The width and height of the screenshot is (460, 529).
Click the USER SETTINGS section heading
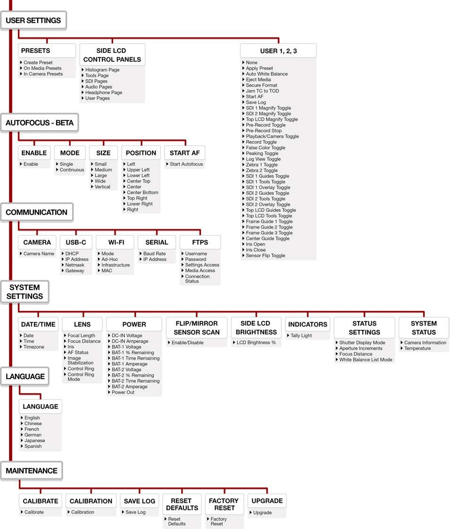[x=33, y=21]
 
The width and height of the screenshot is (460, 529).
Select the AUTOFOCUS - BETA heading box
[x=40, y=123]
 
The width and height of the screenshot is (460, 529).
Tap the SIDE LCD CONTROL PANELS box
[x=112, y=55]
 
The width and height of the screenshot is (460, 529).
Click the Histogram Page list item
[x=102, y=70]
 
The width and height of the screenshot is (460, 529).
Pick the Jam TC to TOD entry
[x=262, y=91]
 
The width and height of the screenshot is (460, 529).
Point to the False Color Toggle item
[x=265, y=148]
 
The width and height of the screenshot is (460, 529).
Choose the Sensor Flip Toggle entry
[x=265, y=256]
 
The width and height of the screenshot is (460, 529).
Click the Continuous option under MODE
[x=72, y=170]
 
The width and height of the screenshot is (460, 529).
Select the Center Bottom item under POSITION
[x=142, y=193]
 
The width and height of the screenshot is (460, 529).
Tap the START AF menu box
[x=184, y=153]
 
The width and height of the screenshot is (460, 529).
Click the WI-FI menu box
[x=115, y=242]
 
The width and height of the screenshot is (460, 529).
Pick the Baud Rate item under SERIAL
[x=154, y=254]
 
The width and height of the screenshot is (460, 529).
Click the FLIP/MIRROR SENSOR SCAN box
[x=196, y=327]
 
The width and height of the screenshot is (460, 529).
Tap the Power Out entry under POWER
[x=123, y=393]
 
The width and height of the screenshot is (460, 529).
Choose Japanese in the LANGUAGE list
[x=34, y=441]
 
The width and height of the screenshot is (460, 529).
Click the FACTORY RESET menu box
[x=224, y=504]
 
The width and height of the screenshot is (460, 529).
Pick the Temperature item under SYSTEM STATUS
[x=417, y=349]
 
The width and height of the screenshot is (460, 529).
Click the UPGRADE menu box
[x=267, y=501]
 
